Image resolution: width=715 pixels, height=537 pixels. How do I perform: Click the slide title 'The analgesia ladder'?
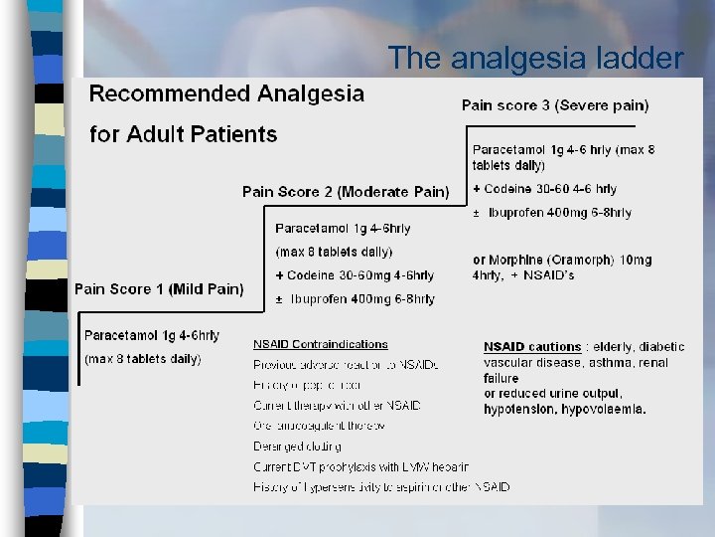click(536, 59)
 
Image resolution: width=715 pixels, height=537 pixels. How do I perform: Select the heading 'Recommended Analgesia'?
click(226, 94)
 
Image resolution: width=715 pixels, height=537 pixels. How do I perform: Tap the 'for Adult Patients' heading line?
click(184, 134)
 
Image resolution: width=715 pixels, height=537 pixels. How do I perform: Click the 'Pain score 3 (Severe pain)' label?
click(555, 104)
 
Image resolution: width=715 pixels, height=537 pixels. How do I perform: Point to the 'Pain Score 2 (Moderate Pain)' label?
click(346, 192)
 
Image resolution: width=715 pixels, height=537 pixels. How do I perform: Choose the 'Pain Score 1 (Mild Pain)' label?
click(159, 289)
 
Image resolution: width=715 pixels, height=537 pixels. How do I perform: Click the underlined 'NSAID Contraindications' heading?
click(320, 344)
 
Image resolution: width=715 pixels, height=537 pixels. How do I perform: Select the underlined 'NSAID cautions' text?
click(532, 347)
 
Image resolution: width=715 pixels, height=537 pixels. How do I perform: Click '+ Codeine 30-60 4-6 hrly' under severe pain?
click(544, 189)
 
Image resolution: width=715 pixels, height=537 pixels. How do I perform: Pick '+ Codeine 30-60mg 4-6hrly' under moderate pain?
click(355, 275)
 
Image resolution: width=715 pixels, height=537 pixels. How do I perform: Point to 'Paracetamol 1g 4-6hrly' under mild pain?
click(152, 335)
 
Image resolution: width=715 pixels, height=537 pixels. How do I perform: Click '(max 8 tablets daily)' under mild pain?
click(143, 358)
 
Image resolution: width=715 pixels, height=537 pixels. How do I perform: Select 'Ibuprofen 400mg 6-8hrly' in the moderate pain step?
click(362, 299)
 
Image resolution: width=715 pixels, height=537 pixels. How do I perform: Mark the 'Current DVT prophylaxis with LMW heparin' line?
click(360, 466)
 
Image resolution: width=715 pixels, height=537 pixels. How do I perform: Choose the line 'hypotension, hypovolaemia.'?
click(564, 409)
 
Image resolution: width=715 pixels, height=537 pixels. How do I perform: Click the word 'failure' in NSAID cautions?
click(501, 379)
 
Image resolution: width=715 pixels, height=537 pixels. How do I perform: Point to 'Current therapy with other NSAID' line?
click(337, 405)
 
